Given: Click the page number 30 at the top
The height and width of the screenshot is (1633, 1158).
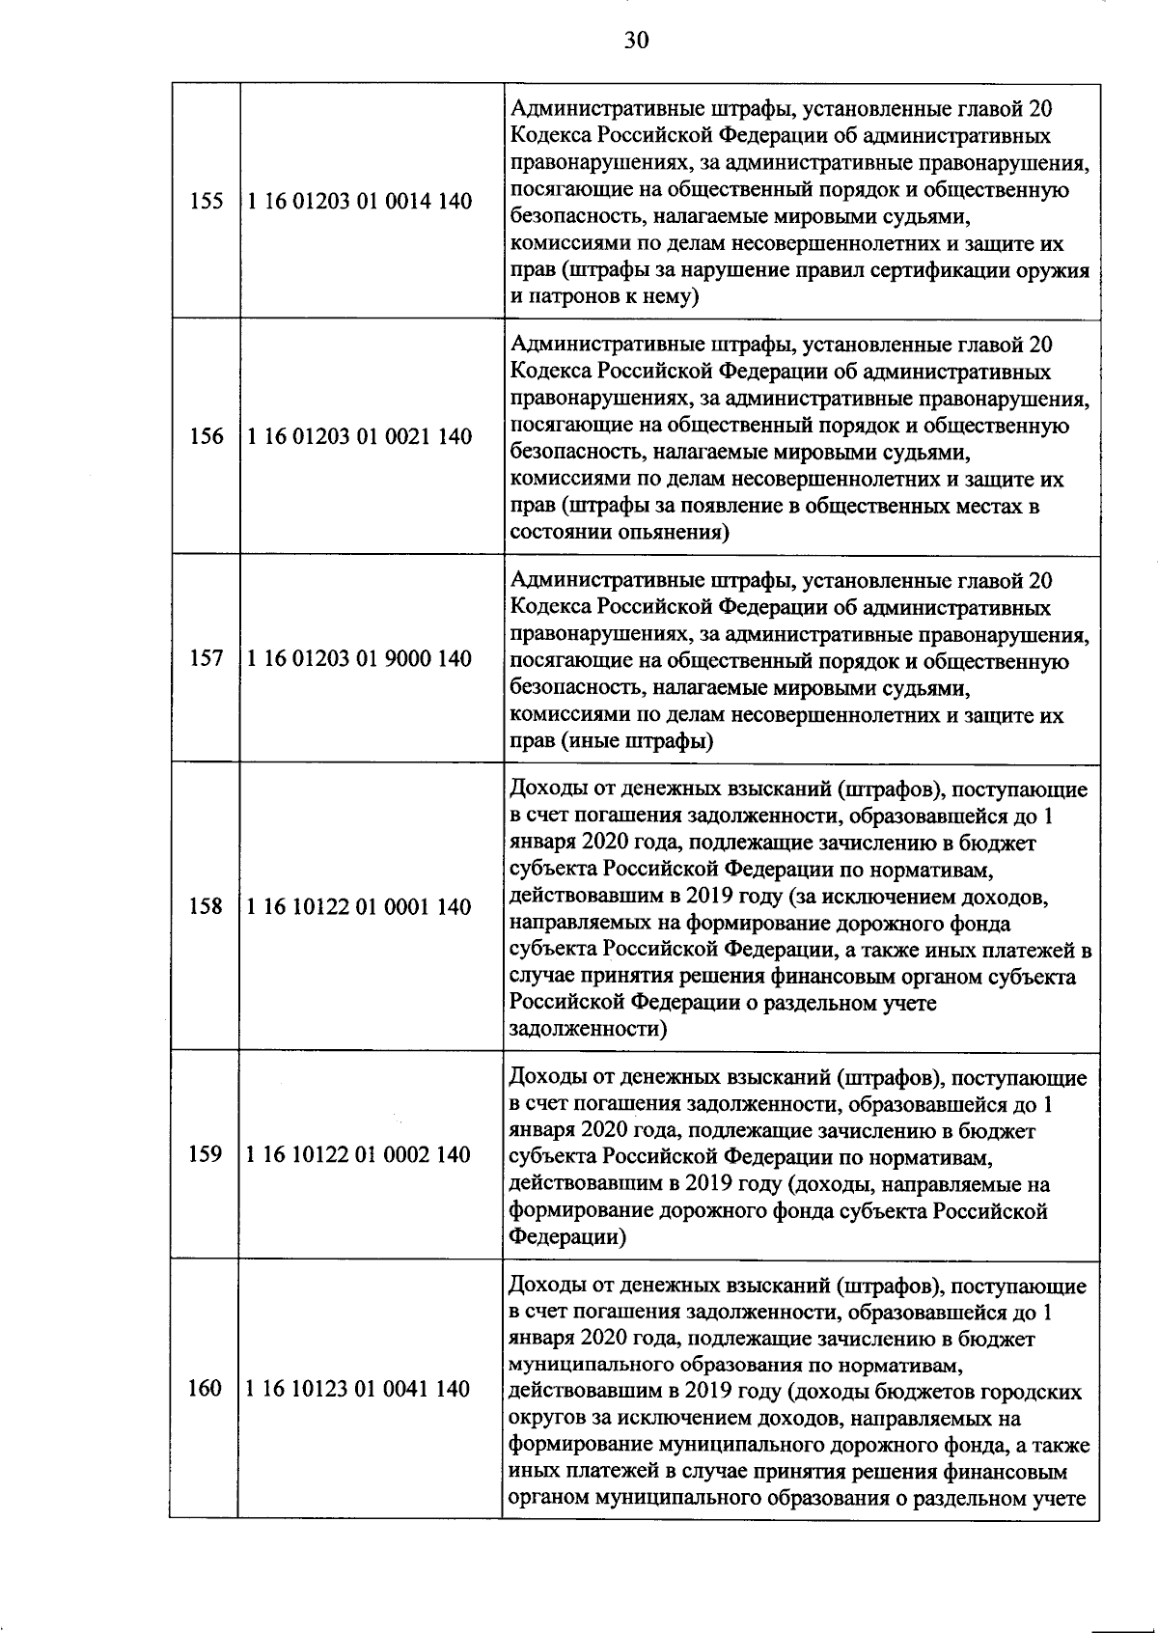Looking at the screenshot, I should tap(637, 40).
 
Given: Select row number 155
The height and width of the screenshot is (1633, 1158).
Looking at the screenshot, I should tap(207, 202).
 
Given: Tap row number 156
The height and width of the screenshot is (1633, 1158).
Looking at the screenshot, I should tap(207, 436).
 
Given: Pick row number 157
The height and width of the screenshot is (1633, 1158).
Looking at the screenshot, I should tap(207, 658).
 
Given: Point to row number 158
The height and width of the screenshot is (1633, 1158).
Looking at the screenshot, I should tap(206, 906).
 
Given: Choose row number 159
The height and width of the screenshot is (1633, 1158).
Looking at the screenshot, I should tap(206, 1154).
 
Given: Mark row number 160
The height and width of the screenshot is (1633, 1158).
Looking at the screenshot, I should tap(205, 1389).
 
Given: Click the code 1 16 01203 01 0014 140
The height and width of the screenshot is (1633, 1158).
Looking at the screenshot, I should tap(360, 202).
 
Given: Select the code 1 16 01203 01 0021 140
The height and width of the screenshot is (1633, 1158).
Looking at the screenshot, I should tap(360, 436).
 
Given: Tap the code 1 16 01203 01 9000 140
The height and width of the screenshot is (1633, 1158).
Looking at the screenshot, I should tap(360, 658).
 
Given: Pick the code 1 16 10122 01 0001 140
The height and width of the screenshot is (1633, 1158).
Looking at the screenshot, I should tap(359, 906).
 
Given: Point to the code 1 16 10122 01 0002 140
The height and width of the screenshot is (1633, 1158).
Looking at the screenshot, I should tap(359, 1154).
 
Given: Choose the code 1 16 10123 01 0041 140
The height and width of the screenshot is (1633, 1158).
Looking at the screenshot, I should tap(358, 1389).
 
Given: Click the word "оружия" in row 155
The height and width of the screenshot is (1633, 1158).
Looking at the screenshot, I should tap(1053, 270).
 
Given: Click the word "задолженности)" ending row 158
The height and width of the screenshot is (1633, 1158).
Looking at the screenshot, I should tap(588, 1029).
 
